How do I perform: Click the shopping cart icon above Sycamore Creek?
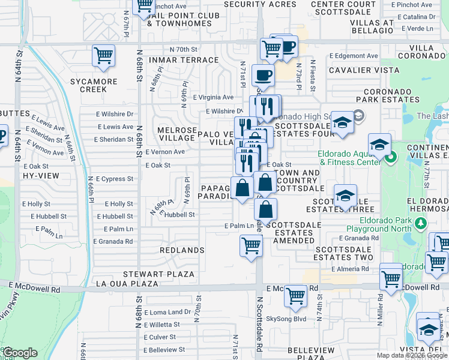(x=103, y=56)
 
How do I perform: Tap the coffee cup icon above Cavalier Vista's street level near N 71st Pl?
(x=263, y=76)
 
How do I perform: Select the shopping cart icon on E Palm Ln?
(x=251, y=245)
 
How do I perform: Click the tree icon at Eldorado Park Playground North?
(x=421, y=224)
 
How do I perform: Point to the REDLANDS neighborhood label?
(x=182, y=250)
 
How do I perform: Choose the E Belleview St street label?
(x=164, y=349)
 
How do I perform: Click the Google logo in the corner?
(x=20, y=352)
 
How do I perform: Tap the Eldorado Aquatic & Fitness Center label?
(x=349, y=157)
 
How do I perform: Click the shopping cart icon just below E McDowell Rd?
(x=295, y=295)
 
